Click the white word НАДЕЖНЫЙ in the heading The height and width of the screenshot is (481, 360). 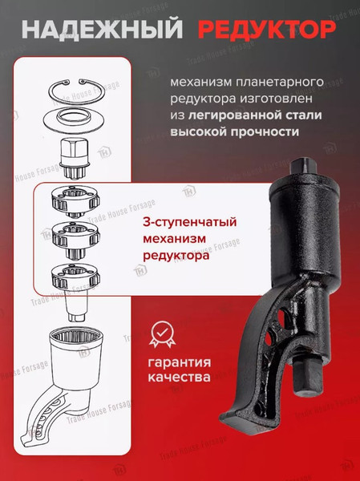click(100, 30)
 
